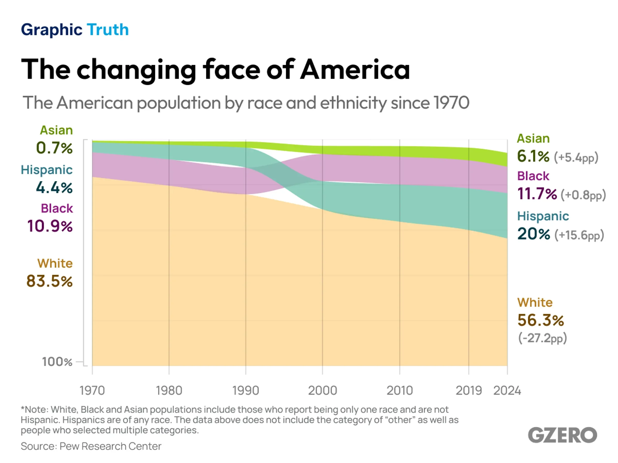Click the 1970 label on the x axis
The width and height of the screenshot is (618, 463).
pyautogui.click(x=92, y=390)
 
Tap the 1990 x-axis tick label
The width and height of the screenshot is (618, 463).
pyautogui.click(x=246, y=390)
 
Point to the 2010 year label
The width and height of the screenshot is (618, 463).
pyautogui.click(x=400, y=390)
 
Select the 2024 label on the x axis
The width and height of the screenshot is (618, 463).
pyautogui.click(x=507, y=390)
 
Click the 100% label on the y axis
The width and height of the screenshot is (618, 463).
pyautogui.click(x=57, y=362)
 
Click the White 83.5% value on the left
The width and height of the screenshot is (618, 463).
pyautogui.click(x=49, y=281)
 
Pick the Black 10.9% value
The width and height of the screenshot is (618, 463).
pyautogui.click(x=50, y=226)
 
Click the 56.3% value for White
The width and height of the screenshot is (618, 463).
pyautogui.click(x=540, y=320)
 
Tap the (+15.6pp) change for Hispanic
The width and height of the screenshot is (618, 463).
pyautogui.click(x=579, y=235)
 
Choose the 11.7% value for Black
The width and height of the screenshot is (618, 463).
pyautogui.click(x=537, y=193)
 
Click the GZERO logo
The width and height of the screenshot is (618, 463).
pyautogui.click(x=562, y=435)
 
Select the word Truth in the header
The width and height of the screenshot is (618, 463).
pyautogui.click(x=108, y=30)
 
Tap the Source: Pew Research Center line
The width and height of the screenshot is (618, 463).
pyautogui.click(x=91, y=446)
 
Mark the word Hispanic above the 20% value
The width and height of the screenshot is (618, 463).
pyautogui.click(x=543, y=216)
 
